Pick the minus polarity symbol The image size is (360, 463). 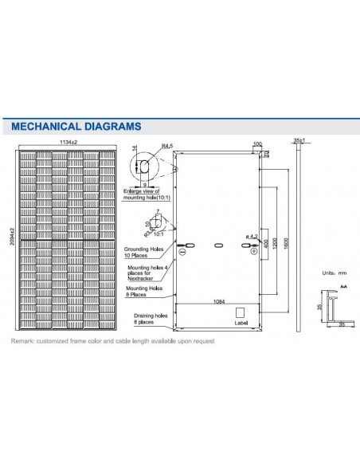click(182, 252)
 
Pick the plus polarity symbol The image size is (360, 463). click(254, 252)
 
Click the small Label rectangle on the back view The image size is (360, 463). click(241, 316)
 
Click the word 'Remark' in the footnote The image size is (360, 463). click(22, 342)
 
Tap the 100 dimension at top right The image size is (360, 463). click(256, 145)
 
